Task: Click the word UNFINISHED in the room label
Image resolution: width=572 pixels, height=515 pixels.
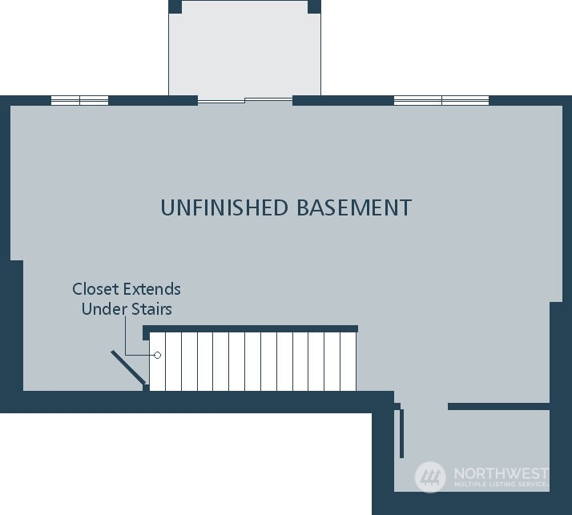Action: [224, 207]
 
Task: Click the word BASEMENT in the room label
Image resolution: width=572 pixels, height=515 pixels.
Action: [354, 207]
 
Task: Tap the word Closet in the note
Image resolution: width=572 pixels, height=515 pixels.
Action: [96, 289]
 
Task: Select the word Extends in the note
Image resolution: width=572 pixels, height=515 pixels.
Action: [151, 289]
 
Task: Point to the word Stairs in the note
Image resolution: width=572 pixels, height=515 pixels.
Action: [151, 309]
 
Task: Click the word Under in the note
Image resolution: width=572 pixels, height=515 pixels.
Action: [104, 309]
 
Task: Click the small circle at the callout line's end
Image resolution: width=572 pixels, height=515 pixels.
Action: [157, 356]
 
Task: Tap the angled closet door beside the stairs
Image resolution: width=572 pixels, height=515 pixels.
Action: [128, 368]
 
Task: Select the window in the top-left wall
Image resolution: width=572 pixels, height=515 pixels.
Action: [79, 101]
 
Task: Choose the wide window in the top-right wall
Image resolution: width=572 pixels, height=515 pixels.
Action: [441, 101]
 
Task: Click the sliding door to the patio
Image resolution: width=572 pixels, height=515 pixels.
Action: [245, 101]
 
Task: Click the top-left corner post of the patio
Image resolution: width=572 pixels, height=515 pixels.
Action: [175, 6]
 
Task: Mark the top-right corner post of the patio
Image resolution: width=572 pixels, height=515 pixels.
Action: [315, 6]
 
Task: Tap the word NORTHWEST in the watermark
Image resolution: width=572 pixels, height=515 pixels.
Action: [501, 473]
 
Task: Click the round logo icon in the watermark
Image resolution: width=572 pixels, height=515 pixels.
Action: [430, 477]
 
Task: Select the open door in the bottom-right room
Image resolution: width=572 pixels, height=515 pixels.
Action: [401, 433]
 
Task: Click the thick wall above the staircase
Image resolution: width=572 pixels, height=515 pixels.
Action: [250, 329]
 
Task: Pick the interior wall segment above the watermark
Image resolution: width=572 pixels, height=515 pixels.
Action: [498, 406]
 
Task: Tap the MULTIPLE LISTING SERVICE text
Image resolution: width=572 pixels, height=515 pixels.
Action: [500, 485]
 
